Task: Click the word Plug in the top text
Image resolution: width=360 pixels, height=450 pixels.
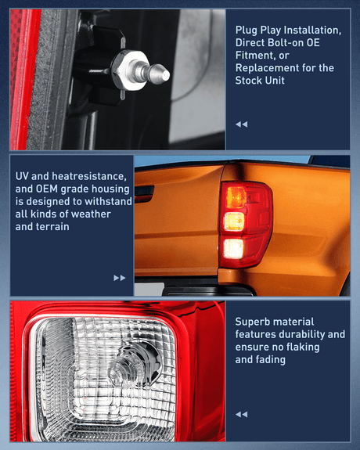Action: pos(247,30)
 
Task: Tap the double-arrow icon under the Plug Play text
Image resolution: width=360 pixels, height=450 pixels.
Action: pos(241,124)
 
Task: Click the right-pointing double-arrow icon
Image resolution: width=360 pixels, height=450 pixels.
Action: pos(119,277)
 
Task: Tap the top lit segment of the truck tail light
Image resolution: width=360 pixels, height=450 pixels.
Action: pos(235,197)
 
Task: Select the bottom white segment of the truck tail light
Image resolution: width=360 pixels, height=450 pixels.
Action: pos(234,249)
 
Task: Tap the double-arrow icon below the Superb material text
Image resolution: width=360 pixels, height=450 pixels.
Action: pos(241,414)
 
